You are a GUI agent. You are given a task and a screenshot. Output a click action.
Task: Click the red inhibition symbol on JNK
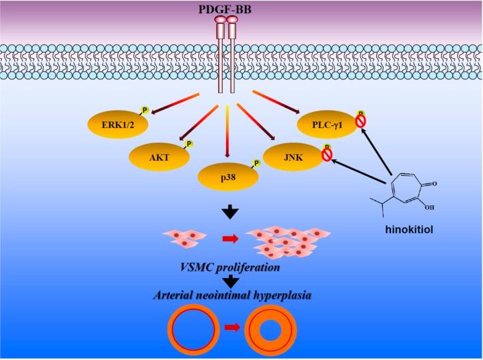click(x=328, y=155)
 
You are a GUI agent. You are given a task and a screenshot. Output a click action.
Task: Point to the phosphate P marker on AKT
click(x=189, y=144)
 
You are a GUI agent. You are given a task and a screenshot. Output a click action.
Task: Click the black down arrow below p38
click(x=230, y=212)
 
